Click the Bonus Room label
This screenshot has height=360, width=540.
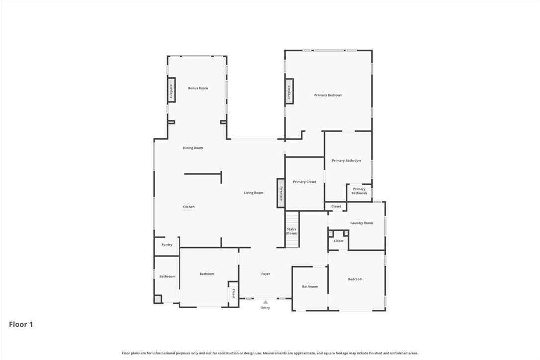pyautogui.click(x=198, y=88)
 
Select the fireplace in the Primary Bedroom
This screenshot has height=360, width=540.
pyautogui.click(x=289, y=91)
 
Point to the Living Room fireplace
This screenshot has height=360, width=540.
pyautogui.click(x=281, y=193)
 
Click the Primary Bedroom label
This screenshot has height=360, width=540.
pyautogui.click(x=328, y=95)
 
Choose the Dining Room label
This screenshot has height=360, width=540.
pyautogui.click(x=193, y=148)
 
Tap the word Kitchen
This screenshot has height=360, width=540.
pyautogui.click(x=188, y=207)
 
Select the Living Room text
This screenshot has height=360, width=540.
pyautogui.click(x=253, y=193)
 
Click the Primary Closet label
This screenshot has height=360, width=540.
pyautogui.click(x=304, y=182)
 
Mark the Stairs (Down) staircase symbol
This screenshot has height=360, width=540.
pyautogui.click(x=292, y=230)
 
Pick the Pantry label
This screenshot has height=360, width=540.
pyautogui.click(x=167, y=245)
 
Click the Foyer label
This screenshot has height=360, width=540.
pyautogui.click(x=266, y=274)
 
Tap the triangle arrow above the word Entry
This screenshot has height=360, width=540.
pyautogui.click(x=266, y=302)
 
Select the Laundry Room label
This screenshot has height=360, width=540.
pyautogui.click(x=361, y=223)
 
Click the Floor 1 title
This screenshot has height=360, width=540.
pyautogui.click(x=21, y=324)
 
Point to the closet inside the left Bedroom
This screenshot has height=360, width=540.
pyautogui.click(x=233, y=293)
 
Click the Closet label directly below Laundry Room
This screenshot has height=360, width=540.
pyautogui.click(x=338, y=241)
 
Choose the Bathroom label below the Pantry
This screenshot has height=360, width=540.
pyautogui.click(x=167, y=276)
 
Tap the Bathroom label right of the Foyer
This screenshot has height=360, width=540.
pyautogui.click(x=310, y=286)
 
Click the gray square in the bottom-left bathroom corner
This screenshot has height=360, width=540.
pyautogui.click(x=158, y=299)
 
